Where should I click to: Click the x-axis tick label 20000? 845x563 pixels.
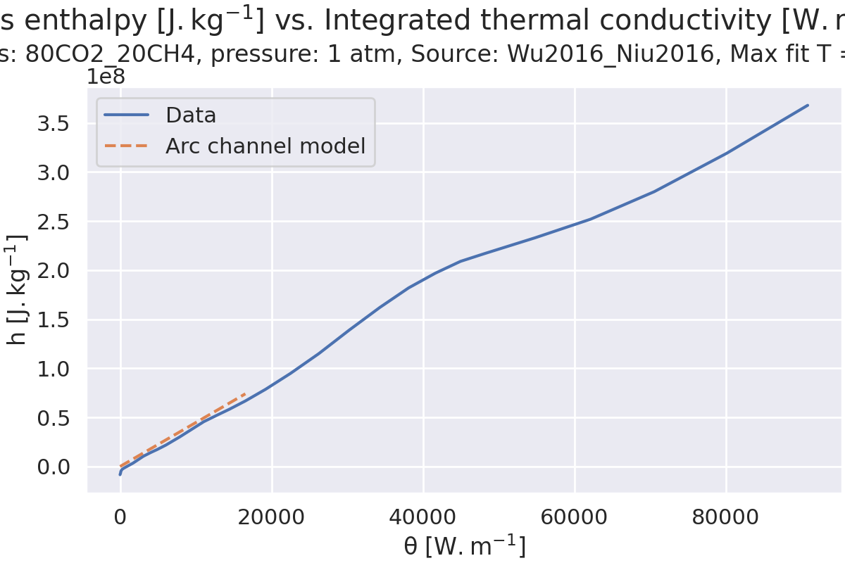pyautogui.click(x=272, y=517)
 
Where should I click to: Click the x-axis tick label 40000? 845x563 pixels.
pyautogui.click(x=423, y=517)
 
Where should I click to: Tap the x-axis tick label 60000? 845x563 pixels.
pyautogui.click(x=575, y=517)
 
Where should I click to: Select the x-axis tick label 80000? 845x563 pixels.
pyautogui.click(x=726, y=517)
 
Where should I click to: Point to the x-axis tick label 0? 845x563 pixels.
pyautogui.click(x=120, y=517)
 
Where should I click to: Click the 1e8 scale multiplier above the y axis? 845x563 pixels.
pyautogui.click(x=106, y=77)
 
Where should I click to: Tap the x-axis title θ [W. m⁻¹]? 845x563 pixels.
pyautogui.click(x=465, y=547)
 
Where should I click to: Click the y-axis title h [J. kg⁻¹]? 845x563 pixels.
pyautogui.click(x=18, y=289)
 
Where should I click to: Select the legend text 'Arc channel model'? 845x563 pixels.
pyautogui.click(x=265, y=146)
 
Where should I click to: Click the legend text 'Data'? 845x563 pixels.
pyautogui.click(x=191, y=115)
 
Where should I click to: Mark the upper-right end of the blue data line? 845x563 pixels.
pyautogui.click(x=808, y=105)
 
